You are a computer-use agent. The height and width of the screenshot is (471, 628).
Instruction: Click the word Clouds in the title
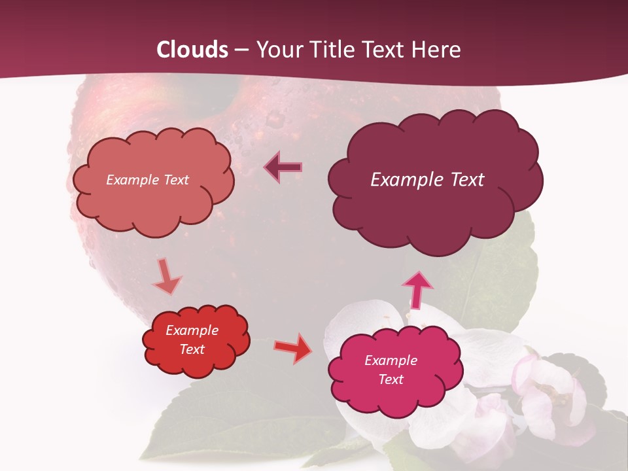click(x=192, y=50)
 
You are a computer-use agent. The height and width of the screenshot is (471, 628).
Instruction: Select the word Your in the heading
click(x=276, y=50)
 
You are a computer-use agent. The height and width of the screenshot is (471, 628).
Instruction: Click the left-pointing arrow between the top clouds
click(x=283, y=167)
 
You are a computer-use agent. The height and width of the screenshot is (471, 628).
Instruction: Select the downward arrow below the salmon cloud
click(x=166, y=277)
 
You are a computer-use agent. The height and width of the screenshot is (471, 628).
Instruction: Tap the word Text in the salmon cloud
click(x=175, y=180)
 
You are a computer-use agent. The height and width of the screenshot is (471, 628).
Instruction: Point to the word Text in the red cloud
click(x=192, y=349)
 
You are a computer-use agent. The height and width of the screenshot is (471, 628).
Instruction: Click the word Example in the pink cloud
click(x=391, y=360)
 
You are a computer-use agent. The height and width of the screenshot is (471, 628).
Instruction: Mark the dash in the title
click(x=242, y=50)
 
